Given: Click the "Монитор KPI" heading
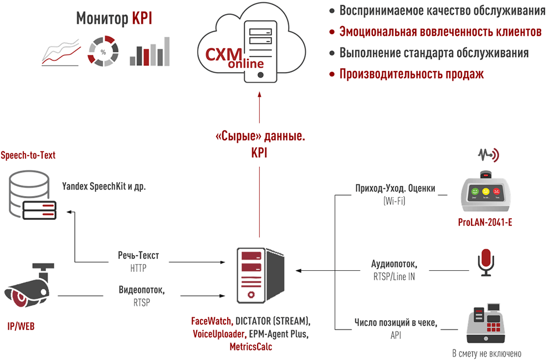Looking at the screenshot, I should tap(114, 19).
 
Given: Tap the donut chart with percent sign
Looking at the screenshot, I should tap(102, 53).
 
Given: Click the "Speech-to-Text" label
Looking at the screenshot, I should tap(28, 156).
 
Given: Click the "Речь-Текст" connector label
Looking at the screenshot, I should tap(138, 256).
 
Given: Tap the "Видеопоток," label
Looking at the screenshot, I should tap(142, 290).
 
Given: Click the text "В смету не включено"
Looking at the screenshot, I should tap(486, 353).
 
